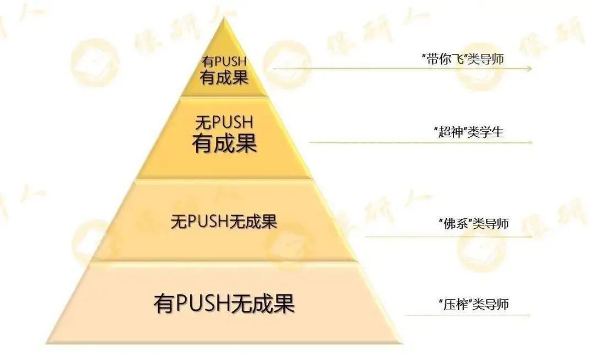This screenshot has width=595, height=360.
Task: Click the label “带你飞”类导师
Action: coord(462,60)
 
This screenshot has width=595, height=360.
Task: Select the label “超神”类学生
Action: coord(468,132)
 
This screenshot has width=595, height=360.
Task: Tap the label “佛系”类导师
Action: coord(473,224)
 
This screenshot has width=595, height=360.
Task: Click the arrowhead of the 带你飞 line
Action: coord(529,69)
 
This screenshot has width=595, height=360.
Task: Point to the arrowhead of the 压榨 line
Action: coord(529,315)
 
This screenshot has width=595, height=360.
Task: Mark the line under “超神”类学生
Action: coord(421,142)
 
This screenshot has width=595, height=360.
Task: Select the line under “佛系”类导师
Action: coord(449,237)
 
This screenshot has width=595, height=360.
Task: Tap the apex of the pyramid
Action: coord(224,19)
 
